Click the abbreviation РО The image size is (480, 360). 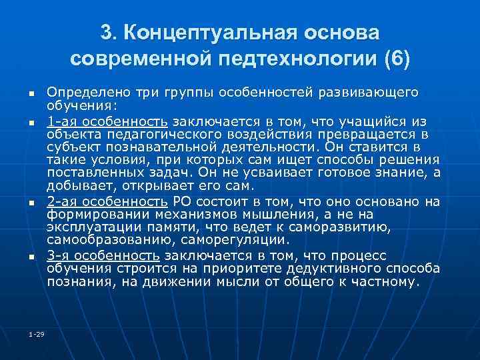[181, 202]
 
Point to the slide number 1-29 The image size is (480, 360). [37, 334]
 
